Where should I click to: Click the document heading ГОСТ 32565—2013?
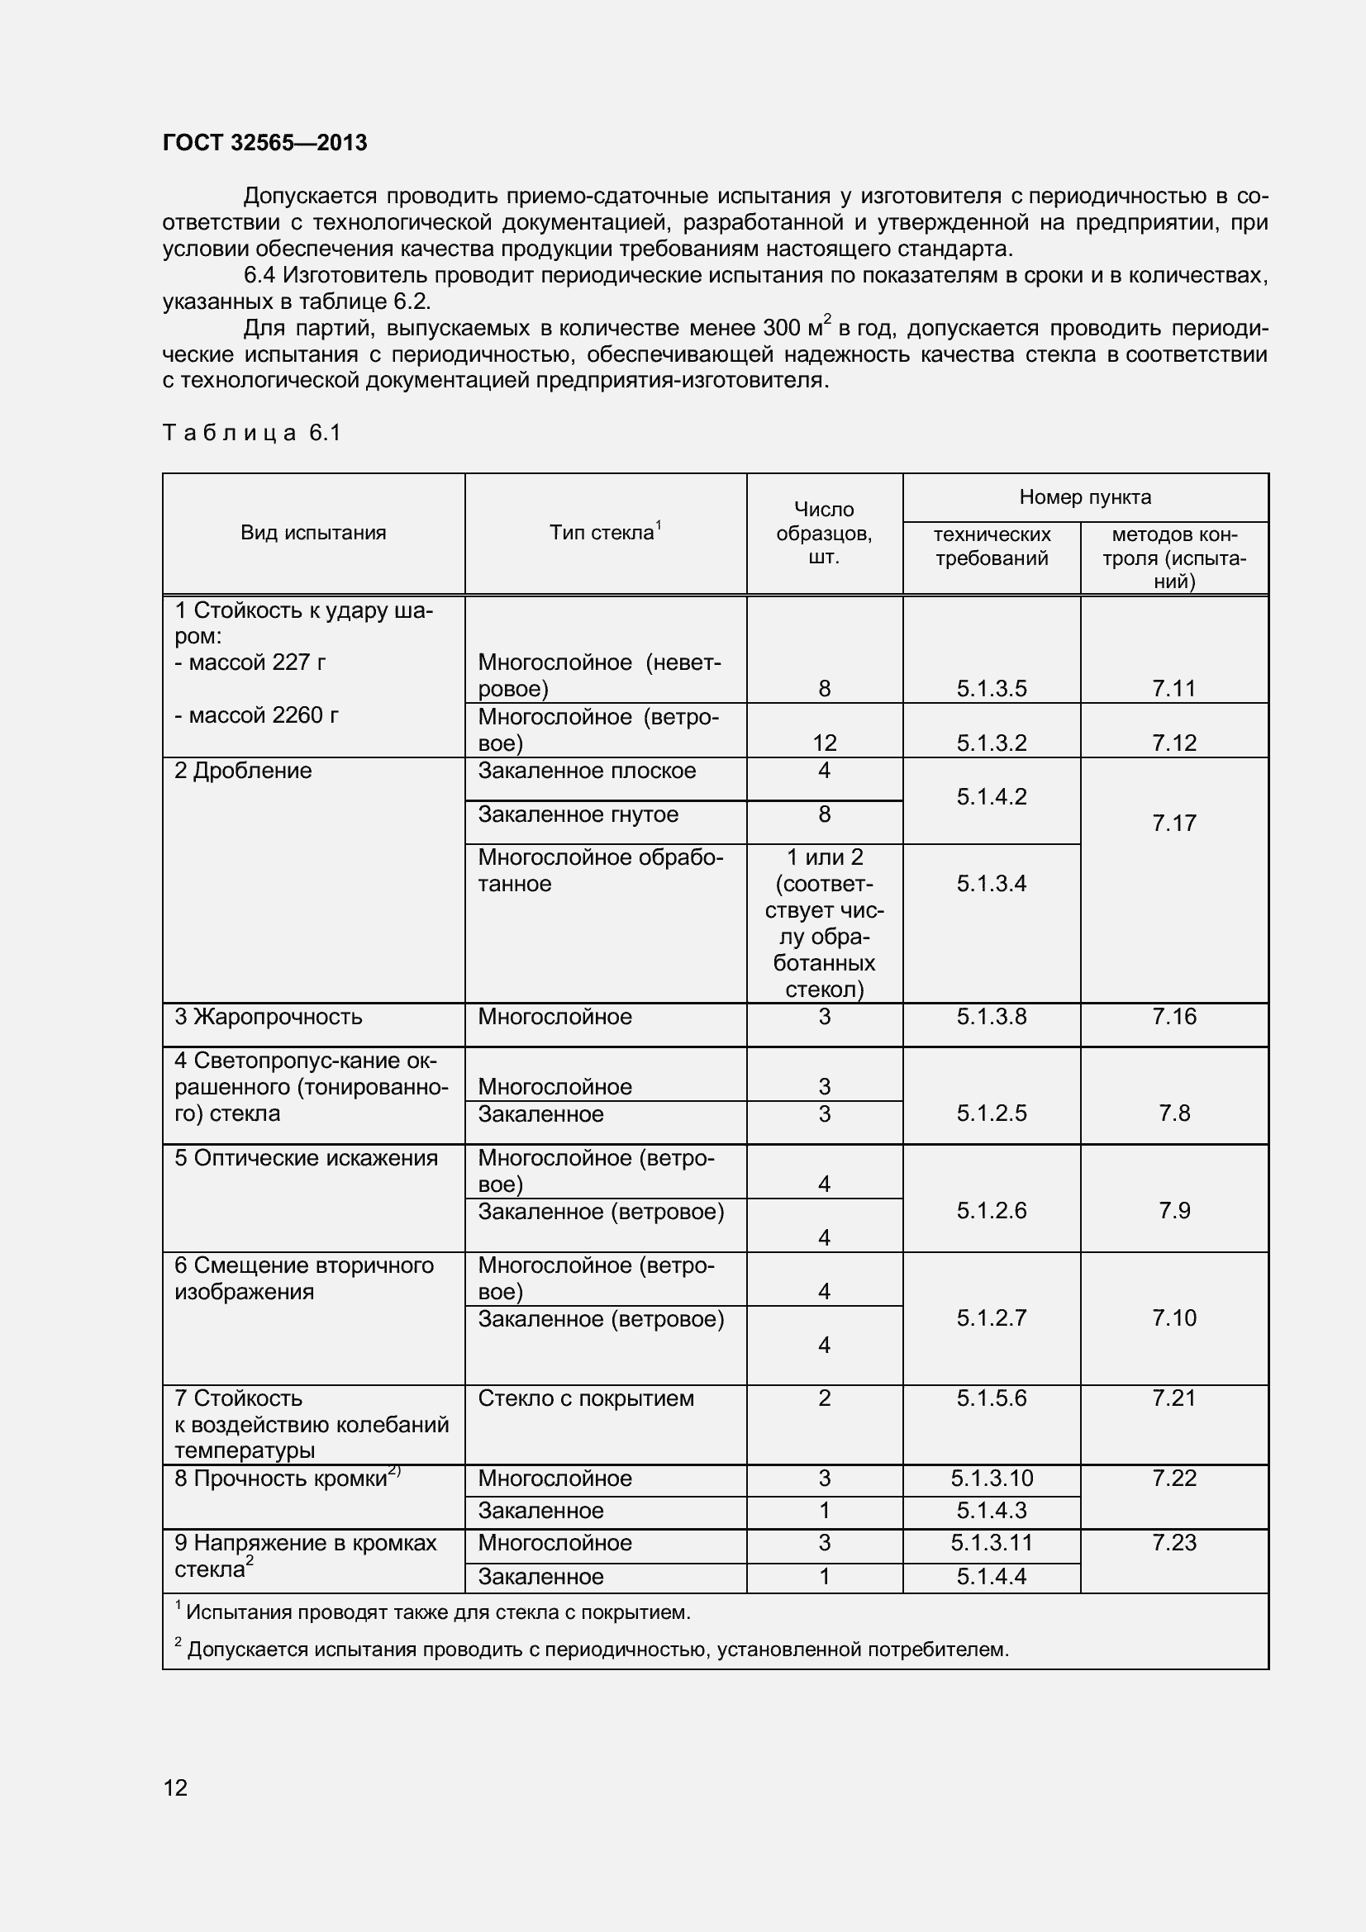(264, 143)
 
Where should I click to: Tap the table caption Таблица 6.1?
(251, 433)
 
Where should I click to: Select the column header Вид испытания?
(313, 533)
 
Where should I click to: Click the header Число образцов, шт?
(824, 533)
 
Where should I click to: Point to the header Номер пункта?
(1085, 497)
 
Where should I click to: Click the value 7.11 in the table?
(1174, 688)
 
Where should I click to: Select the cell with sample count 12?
(824, 743)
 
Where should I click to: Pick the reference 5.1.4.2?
(992, 797)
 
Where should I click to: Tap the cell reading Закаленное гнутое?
(578, 814)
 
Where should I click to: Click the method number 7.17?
(1174, 823)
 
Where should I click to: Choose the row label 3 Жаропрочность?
(269, 1017)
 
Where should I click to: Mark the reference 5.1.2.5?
(992, 1113)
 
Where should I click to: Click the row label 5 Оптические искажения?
(307, 1158)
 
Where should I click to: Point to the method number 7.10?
(1174, 1317)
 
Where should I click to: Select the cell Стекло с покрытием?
(586, 1398)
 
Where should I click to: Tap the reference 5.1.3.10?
(992, 1479)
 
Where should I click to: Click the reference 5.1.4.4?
(992, 1576)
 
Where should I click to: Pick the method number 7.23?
(1174, 1542)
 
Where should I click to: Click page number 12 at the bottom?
(175, 1787)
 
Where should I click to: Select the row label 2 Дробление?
(243, 771)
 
